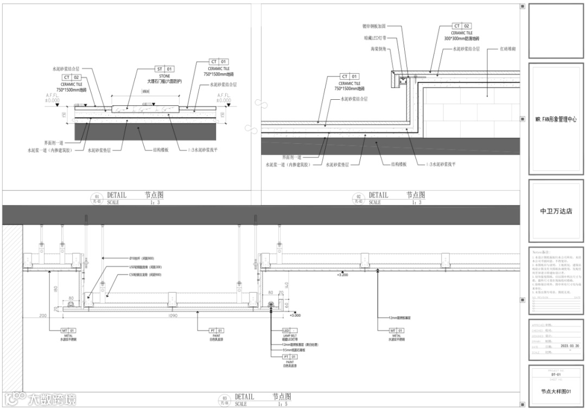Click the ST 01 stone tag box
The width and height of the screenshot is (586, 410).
tap(164, 69)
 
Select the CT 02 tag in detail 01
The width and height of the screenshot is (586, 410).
tap(71, 78)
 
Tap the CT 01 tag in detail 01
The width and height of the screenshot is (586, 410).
tap(219, 62)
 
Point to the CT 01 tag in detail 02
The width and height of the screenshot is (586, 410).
tap(349, 76)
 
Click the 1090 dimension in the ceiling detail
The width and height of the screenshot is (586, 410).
tap(173, 315)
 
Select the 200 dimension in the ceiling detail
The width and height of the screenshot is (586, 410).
tap(43, 315)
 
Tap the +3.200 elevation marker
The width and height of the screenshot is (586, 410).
tap(342, 276)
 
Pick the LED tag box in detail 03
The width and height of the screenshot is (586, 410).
tap(289, 330)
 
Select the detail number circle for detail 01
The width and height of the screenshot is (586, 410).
tap(98, 198)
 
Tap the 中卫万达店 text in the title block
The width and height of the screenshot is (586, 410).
tap(556, 212)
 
